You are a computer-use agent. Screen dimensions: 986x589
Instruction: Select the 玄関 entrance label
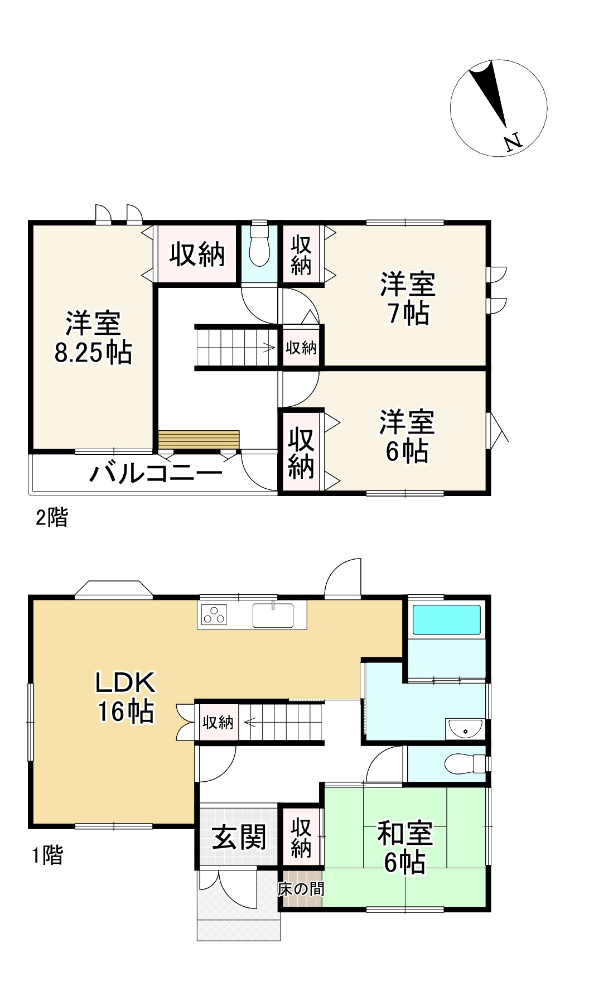coord(239,836)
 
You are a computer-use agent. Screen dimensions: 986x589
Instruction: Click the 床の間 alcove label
coord(301,888)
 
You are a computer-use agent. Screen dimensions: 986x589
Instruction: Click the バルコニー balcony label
coord(156,474)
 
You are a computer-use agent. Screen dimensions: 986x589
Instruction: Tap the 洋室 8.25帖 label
coord(93,338)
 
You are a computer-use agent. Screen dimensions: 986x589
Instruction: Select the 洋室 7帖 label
coord(408,299)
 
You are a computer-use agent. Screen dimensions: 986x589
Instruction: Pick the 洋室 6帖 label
coord(407,436)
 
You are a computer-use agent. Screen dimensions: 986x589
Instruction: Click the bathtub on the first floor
coord(446,619)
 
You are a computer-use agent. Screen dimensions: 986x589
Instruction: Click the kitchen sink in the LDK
coord(273,615)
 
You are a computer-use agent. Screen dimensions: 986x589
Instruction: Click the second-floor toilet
coord(259,248)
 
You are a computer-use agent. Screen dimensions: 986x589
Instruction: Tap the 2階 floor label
coord(51,517)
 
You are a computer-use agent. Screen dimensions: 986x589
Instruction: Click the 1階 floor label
coord(47,855)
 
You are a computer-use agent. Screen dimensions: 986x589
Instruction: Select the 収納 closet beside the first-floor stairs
coord(218,723)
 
